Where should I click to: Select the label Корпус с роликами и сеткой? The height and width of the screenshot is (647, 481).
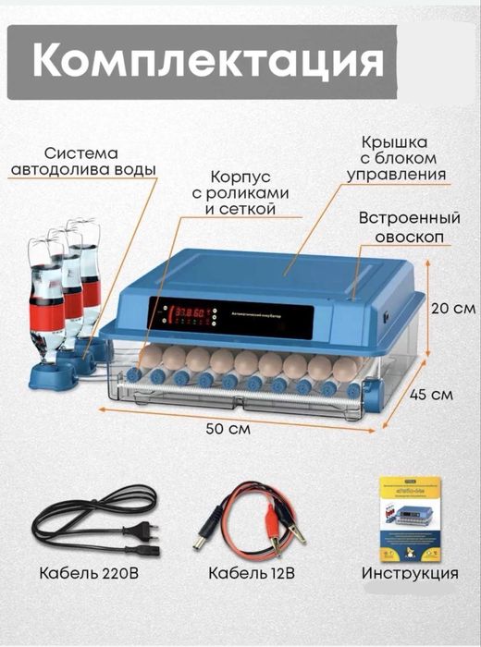click(x=242, y=191)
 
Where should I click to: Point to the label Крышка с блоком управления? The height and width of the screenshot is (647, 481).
click(x=397, y=158)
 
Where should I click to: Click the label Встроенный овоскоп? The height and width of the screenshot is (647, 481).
click(x=409, y=227)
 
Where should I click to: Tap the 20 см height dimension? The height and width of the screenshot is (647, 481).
click(x=454, y=308)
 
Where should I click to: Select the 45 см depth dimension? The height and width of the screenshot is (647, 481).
click(x=430, y=393)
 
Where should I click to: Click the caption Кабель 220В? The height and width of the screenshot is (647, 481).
click(x=90, y=573)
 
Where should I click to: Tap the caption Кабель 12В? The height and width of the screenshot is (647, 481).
click(x=251, y=573)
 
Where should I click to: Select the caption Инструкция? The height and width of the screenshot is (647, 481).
click(x=410, y=573)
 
